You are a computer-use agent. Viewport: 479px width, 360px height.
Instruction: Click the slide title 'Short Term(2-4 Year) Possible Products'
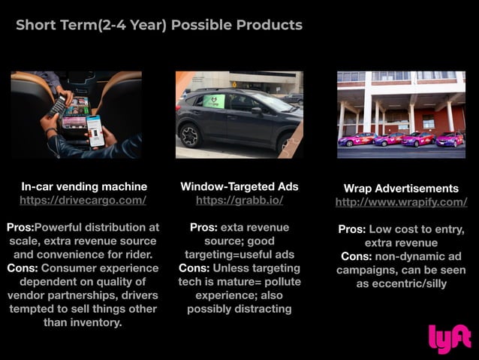(159, 25)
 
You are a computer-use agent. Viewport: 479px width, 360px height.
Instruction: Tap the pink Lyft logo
(449, 338)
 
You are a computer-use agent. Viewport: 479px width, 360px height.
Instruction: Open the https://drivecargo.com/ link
(83, 201)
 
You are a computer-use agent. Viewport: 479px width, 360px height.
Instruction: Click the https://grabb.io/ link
(239, 201)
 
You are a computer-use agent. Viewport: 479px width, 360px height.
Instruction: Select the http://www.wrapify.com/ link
(401, 202)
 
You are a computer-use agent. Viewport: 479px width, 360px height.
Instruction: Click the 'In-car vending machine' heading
(83, 186)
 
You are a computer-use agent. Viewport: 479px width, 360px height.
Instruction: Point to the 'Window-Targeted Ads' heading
(239, 186)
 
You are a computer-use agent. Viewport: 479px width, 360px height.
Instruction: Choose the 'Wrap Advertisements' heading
(401, 188)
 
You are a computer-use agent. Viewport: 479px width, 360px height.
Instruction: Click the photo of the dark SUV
(239, 114)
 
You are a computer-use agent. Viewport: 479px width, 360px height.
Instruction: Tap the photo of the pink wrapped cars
(401, 114)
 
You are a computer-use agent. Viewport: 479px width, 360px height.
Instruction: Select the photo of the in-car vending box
(76, 114)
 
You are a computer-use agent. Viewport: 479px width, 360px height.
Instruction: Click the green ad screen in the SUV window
(214, 101)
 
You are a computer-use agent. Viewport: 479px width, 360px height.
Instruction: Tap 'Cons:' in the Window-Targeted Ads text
(194, 268)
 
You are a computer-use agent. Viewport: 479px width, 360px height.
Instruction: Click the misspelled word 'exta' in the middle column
(233, 227)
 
